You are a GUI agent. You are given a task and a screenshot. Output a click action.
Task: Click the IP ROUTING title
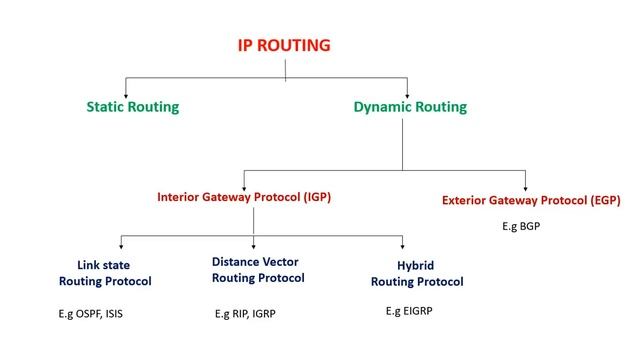pos(283,46)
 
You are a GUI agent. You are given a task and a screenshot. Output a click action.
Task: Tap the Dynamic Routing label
pos(410,105)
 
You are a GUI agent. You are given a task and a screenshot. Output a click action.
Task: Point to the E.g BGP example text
pos(522,227)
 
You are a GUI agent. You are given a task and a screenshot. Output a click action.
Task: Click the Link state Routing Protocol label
pos(105,273)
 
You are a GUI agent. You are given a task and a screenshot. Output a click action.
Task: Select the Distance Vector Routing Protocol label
pos(257,269)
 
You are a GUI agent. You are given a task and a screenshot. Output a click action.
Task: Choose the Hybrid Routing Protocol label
pos(417,274)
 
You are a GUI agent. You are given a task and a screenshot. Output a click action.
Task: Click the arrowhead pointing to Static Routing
pos(124,89)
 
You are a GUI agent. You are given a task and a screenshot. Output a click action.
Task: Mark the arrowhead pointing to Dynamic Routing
pos(408,89)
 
